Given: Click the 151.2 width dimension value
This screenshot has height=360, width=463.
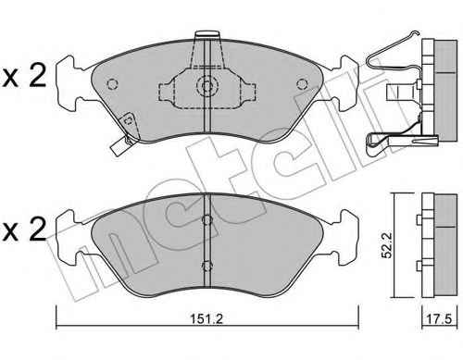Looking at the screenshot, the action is pos(206,318).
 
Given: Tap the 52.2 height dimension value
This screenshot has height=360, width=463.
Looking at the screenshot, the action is pos(386,245).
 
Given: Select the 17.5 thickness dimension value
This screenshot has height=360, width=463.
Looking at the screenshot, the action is pos(439,318).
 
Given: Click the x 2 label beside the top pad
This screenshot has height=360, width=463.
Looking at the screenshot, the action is pos(24,75).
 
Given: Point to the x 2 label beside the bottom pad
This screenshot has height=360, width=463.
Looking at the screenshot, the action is pos(24,230).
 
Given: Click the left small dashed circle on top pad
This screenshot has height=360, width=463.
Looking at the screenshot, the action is pos(112,84).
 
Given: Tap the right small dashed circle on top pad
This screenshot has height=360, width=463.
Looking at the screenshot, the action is pos(302,84).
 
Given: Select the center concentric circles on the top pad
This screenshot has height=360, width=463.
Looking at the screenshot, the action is pos(207,84).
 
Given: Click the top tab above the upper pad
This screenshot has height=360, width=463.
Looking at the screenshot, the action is pos(207,34).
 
